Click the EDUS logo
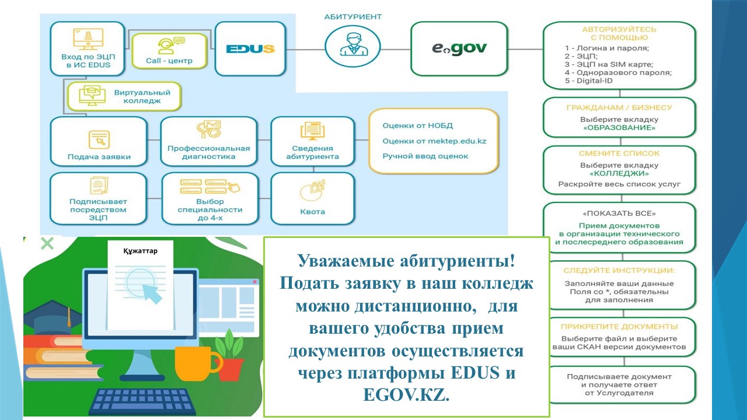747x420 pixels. click(250, 49)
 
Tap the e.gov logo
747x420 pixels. click(459, 48)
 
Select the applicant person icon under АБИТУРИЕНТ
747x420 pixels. click(353, 44)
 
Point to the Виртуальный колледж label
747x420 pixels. click(142, 96)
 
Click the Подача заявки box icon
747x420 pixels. click(99, 139)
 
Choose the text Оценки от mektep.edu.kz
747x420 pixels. click(434, 141)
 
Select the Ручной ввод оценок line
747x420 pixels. click(425, 156)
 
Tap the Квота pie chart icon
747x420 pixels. click(312, 190)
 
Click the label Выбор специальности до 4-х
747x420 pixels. click(210, 209)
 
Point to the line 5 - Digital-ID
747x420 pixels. click(589, 80)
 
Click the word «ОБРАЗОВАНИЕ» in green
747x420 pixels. click(619, 128)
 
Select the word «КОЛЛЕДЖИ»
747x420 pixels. click(619, 173)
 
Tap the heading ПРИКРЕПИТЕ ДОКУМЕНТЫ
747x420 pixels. click(619, 327)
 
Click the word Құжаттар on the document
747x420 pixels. click(140, 251)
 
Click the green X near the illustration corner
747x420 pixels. click(47, 243)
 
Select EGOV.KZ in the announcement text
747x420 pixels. click(406, 395)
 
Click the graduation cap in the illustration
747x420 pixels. click(53, 317)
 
